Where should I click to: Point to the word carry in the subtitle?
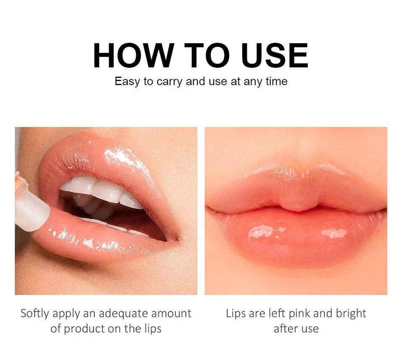click(170, 81)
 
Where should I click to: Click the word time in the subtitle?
click(276, 81)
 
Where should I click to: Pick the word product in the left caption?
click(86, 329)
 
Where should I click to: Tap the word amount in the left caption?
click(171, 313)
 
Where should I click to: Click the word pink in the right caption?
click(310, 313)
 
